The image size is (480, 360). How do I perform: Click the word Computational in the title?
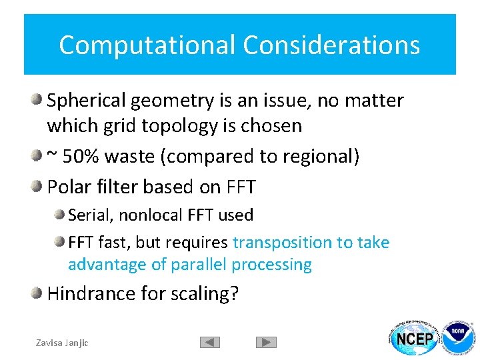pos(147,45)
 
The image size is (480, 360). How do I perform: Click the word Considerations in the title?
pos(331,45)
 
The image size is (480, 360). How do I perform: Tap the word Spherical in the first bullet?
pos(87,101)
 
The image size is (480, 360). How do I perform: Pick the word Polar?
pos(67,187)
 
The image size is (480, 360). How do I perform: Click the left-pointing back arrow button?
pos(210,343)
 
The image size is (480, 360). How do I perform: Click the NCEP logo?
pos(415,339)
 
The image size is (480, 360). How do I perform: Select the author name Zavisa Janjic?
pos(62,343)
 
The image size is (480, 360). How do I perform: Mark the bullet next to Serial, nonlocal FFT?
pos(60,214)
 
